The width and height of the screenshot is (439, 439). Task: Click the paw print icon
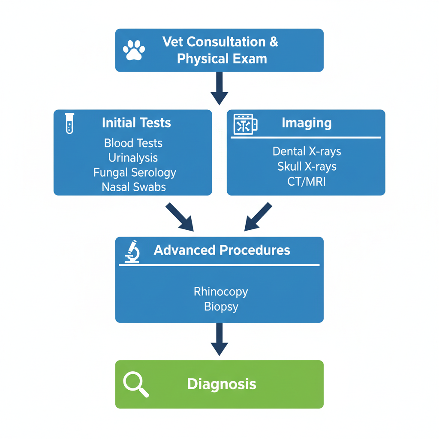click(x=134, y=50)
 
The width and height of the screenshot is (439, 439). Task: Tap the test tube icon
click(x=69, y=123)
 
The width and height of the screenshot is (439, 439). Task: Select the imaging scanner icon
click(x=245, y=124)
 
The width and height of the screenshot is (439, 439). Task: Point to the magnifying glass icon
click(x=136, y=384)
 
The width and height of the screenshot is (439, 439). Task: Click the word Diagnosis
click(x=222, y=384)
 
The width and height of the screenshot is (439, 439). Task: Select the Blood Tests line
click(x=133, y=143)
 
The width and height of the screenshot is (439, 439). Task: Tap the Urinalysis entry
click(x=133, y=158)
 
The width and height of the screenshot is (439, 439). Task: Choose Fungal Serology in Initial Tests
click(x=135, y=172)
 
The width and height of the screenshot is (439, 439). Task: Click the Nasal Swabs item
click(x=134, y=187)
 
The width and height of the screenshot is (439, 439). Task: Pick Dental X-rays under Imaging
click(x=307, y=151)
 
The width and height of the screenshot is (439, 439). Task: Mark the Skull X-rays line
click(x=307, y=166)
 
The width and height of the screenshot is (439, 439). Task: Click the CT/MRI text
click(x=307, y=181)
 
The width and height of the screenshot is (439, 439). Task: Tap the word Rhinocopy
click(x=221, y=292)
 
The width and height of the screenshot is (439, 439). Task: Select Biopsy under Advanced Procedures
click(x=221, y=307)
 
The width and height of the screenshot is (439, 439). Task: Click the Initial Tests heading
click(x=136, y=123)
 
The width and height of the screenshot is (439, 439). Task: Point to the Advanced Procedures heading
click(x=222, y=250)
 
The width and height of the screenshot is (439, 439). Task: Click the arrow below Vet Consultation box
click(x=219, y=88)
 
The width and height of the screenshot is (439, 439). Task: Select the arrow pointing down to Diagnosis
click(x=219, y=339)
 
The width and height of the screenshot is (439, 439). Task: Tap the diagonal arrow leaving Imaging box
click(x=258, y=216)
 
